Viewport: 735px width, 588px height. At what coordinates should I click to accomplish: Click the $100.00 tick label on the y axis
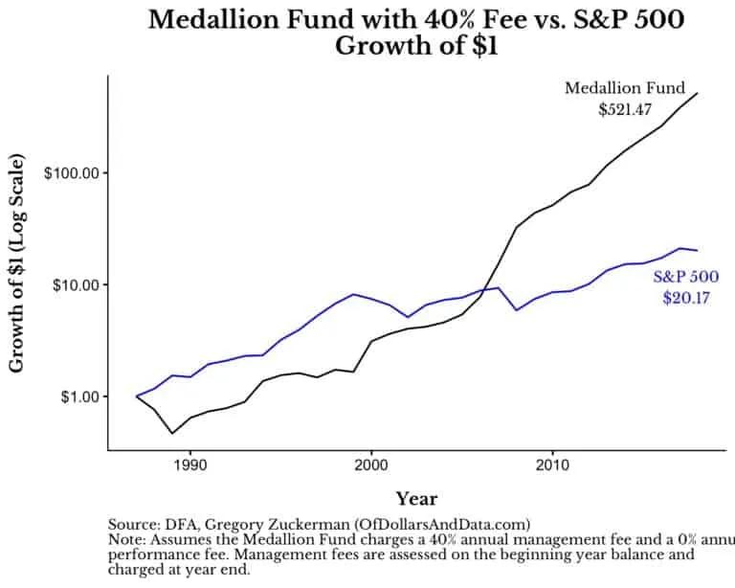click(x=73, y=173)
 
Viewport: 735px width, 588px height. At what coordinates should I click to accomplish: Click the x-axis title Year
click(x=416, y=498)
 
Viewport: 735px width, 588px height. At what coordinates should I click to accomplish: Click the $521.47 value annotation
click(x=625, y=109)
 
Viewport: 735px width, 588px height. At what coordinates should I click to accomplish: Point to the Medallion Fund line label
click(x=625, y=88)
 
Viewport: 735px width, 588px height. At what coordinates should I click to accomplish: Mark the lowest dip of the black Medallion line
click(x=172, y=433)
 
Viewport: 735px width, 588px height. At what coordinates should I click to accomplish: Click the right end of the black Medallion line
click(x=697, y=93)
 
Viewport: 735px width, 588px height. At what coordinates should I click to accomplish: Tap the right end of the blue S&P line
click(x=697, y=250)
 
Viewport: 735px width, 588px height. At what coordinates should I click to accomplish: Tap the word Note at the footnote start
click(x=128, y=539)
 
